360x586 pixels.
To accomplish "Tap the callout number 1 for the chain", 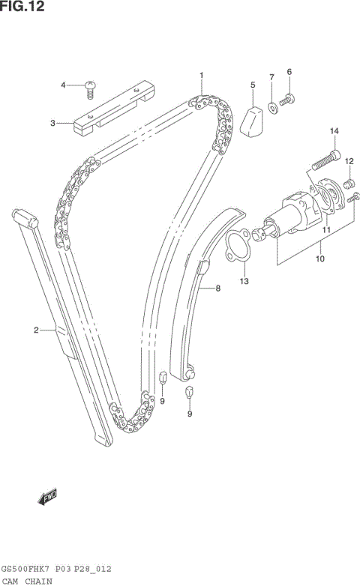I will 201,75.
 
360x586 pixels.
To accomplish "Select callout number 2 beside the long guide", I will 35,329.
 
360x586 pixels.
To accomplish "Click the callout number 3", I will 52,123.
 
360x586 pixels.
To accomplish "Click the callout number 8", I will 217,288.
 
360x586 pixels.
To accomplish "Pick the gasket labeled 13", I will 239,247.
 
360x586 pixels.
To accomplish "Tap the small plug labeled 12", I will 348,183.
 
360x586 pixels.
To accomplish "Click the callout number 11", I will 326,231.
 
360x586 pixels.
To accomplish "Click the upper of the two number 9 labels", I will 162,401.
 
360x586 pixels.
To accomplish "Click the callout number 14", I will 334,132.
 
